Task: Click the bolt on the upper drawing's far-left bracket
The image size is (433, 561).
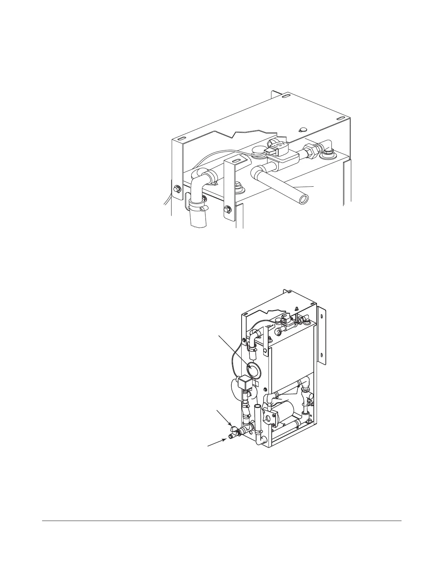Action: click(x=176, y=187)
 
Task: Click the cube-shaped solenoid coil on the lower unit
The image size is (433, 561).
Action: click(x=244, y=382)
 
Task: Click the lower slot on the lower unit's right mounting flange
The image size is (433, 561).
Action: click(x=322, y=354)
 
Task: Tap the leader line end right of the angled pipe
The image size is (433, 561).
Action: click(x=313, y=186)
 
